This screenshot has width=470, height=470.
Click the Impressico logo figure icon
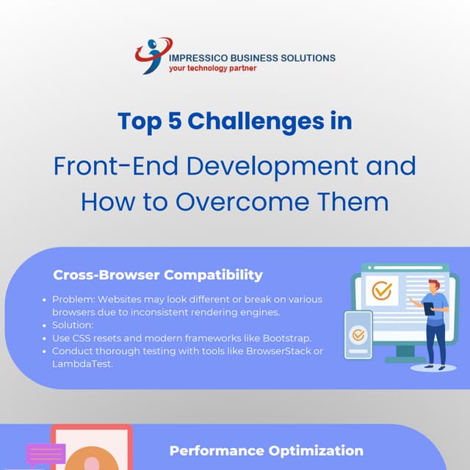pyautogui.click(x=152, y=56)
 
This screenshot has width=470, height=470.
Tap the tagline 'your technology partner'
pyautogui.click(x=213, y=68)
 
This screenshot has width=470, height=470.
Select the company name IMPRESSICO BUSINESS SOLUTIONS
pyautogui.click(x=252, y=57)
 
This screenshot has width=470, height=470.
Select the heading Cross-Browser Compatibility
pyautogui.click(x=157, y=275)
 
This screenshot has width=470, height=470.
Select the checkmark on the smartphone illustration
pyautogui.click(x=358, y=335)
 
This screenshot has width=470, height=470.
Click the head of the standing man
pyautogui.click(x=434, y=285)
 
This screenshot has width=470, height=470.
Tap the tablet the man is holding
pyautogui.click(x=429, y=309)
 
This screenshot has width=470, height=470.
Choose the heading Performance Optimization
pyautogui.click(x=266, y=450)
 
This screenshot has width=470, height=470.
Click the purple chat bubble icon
pyautogui.click(x=46, y=454)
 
